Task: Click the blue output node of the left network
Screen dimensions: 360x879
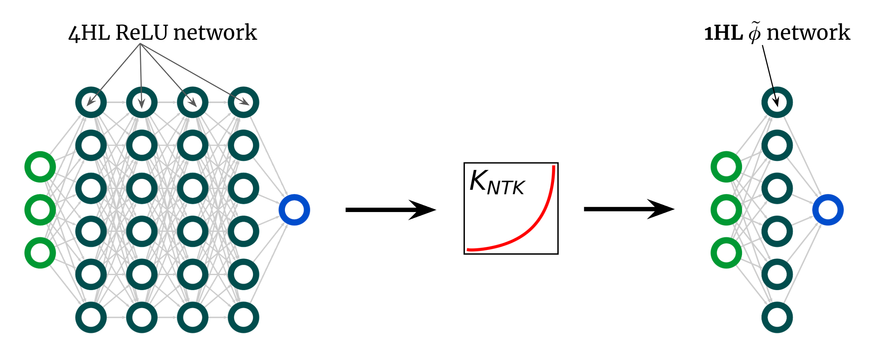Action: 294,210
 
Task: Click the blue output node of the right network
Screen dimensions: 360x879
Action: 828,210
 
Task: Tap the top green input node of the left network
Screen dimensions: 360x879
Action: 40,167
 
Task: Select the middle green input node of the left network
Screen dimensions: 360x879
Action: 40,210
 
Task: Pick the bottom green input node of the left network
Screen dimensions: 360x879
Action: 40,253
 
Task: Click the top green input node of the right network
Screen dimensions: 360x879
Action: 726,167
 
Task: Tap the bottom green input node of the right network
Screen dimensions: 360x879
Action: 726,253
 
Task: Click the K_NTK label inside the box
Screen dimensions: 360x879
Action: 497,182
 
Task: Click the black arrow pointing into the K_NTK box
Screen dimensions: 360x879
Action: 390,210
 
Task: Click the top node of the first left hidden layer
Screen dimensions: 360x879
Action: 91,102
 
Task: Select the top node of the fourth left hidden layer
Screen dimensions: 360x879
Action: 243,102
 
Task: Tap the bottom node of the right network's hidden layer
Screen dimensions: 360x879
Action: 777,317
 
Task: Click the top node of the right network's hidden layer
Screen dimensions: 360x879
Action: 777,102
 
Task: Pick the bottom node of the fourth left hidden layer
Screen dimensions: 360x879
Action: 243,317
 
